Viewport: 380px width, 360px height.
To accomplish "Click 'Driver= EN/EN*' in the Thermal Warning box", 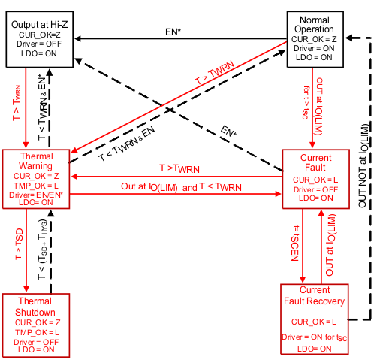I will [37, 194].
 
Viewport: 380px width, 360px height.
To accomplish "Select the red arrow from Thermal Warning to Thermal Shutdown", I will [27, 248].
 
